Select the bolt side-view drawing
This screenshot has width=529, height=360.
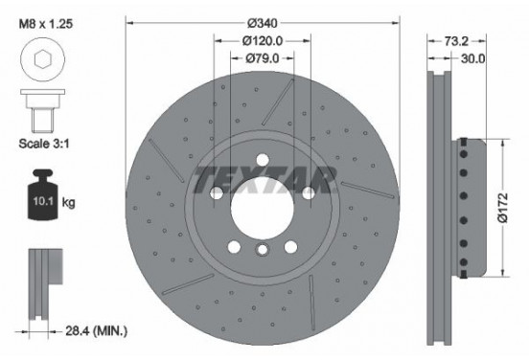tap(41, 112)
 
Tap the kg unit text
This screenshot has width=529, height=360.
tap(70, 204)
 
